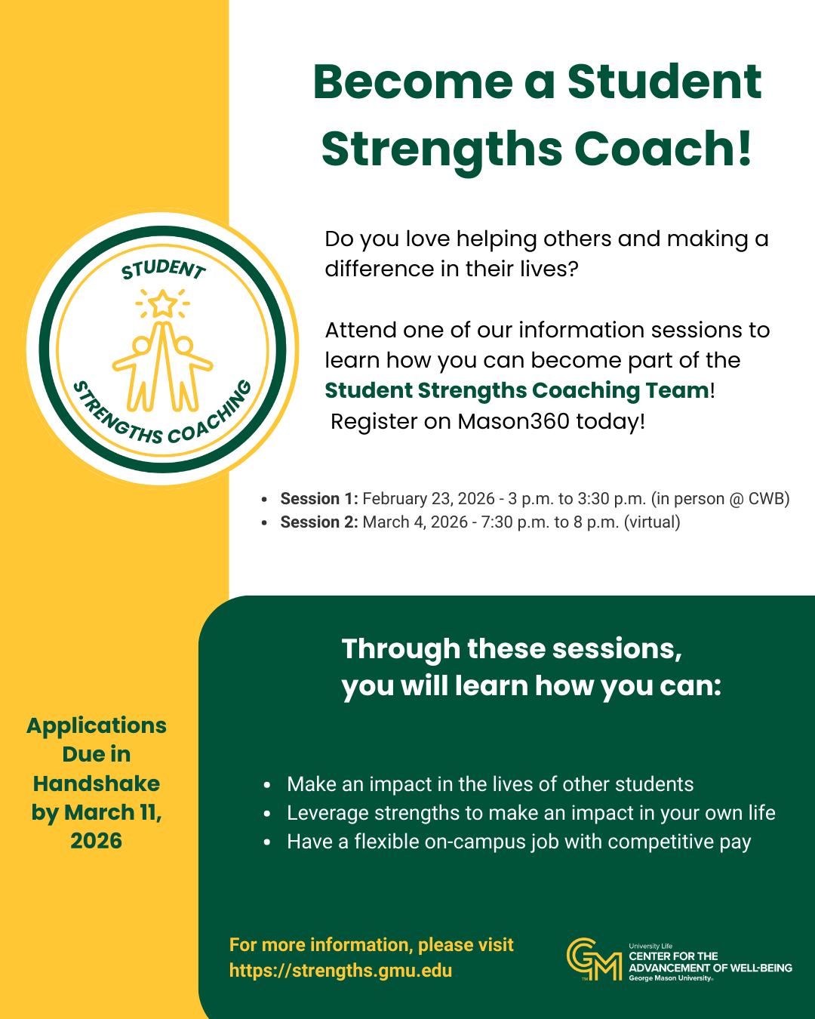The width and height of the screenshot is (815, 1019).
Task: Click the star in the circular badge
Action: [x=162, y=303]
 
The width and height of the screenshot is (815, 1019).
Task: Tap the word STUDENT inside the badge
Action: [x=164, y=269]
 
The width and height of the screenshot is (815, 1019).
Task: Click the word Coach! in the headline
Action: [x=663, y=149]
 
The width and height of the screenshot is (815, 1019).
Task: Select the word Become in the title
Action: [x=413, y=82]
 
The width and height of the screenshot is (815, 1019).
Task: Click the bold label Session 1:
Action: [x=319, y=499]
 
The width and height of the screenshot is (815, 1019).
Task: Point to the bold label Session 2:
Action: [x=319, y=522]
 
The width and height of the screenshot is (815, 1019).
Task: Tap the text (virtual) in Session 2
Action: [x=652, y=522]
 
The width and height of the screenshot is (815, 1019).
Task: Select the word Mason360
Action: [x=513, y=421]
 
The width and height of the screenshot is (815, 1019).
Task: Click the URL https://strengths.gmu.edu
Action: [x=340, y=970]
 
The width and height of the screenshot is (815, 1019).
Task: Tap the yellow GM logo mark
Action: [x=595, y=959]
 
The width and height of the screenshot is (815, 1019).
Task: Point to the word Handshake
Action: [x=97, y=783]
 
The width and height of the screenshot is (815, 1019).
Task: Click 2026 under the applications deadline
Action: [x=97, y=841]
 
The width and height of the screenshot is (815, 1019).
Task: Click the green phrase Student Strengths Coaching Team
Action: [x=517, y=391]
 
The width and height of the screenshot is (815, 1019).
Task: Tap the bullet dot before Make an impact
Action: [x=267, y=785]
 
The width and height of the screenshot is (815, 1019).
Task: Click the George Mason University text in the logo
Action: [x=670, y=977]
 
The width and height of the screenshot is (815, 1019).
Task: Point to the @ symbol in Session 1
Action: [x=734, y=499]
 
